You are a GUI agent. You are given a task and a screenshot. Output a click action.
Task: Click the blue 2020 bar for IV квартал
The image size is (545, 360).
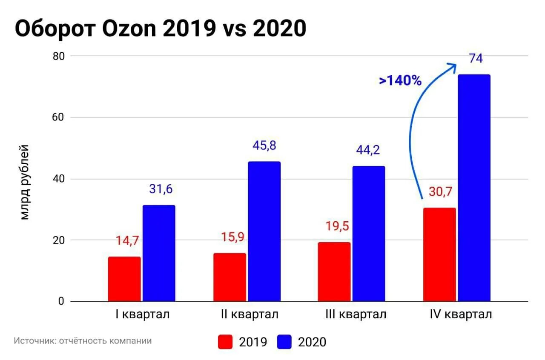474,188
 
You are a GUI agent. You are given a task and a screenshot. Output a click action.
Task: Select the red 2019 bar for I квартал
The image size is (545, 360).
124,279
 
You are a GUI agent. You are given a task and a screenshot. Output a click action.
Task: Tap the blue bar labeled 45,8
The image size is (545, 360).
264,231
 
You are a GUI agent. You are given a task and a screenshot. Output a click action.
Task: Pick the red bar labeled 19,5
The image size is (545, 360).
334,272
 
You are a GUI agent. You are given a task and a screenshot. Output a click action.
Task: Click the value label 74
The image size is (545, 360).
476,59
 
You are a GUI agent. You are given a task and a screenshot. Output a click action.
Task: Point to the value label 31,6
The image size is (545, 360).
161,189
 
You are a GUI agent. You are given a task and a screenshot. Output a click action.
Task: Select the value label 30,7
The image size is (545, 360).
440,192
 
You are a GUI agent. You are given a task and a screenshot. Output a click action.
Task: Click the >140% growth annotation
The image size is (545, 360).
400,80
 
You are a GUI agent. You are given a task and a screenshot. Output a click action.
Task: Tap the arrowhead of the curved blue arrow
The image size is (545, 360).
452,66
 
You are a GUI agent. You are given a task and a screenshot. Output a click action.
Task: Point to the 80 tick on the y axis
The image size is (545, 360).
57,56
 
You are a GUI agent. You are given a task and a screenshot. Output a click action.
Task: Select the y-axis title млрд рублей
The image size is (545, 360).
25,182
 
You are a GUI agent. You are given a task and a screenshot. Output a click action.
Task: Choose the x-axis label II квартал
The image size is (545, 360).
250,314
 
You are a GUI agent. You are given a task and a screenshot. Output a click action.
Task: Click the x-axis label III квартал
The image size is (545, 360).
356,314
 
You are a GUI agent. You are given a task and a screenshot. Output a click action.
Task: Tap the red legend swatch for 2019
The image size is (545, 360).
225,342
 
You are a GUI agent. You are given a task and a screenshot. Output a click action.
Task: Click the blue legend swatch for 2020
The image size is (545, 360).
284,342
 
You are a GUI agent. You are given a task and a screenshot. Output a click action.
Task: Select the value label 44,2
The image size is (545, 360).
368,150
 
